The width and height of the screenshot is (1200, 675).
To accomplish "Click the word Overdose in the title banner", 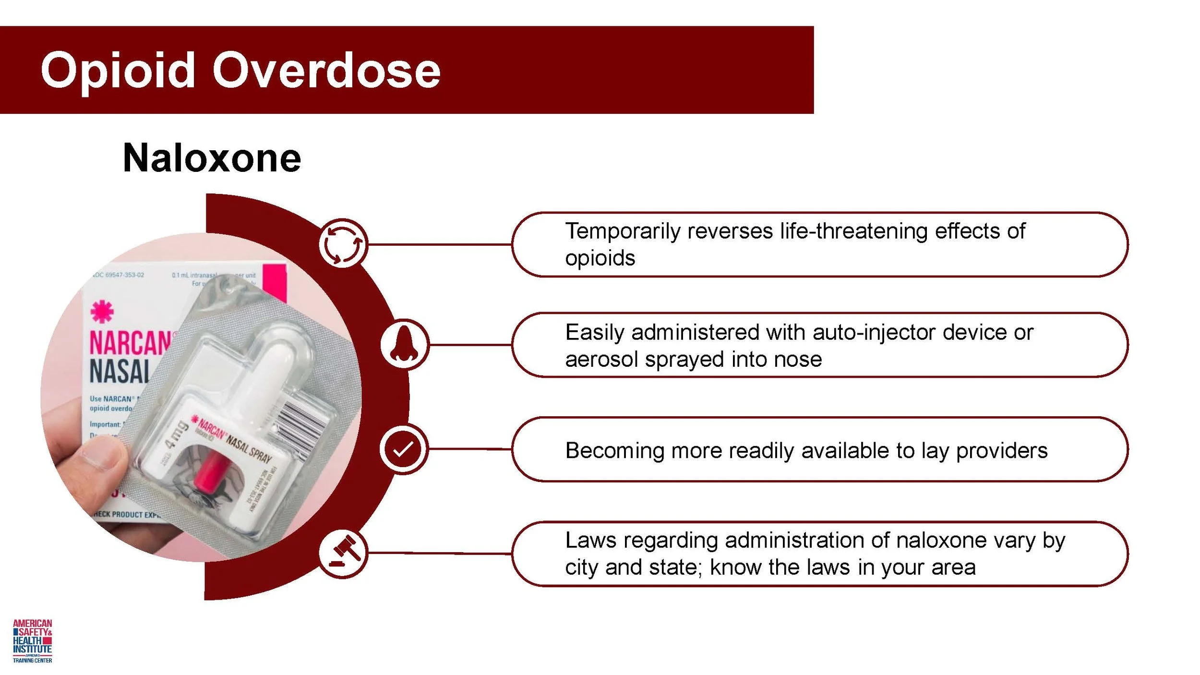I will [326, 71].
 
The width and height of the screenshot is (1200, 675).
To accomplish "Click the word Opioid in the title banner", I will [118, 71].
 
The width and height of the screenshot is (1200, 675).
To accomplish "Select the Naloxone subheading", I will [212, 158].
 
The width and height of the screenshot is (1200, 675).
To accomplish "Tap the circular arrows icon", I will [343, 243].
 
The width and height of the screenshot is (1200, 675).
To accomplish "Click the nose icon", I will [404, 344].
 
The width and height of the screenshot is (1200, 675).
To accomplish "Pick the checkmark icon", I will [403, 449].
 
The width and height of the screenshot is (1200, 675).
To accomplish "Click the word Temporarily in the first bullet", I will [623, 231].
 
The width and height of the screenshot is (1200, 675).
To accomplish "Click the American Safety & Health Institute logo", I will [32, 641].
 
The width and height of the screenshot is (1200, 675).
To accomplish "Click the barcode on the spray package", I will [302, 425].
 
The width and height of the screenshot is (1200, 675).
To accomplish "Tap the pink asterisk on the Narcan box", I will [102, 312].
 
